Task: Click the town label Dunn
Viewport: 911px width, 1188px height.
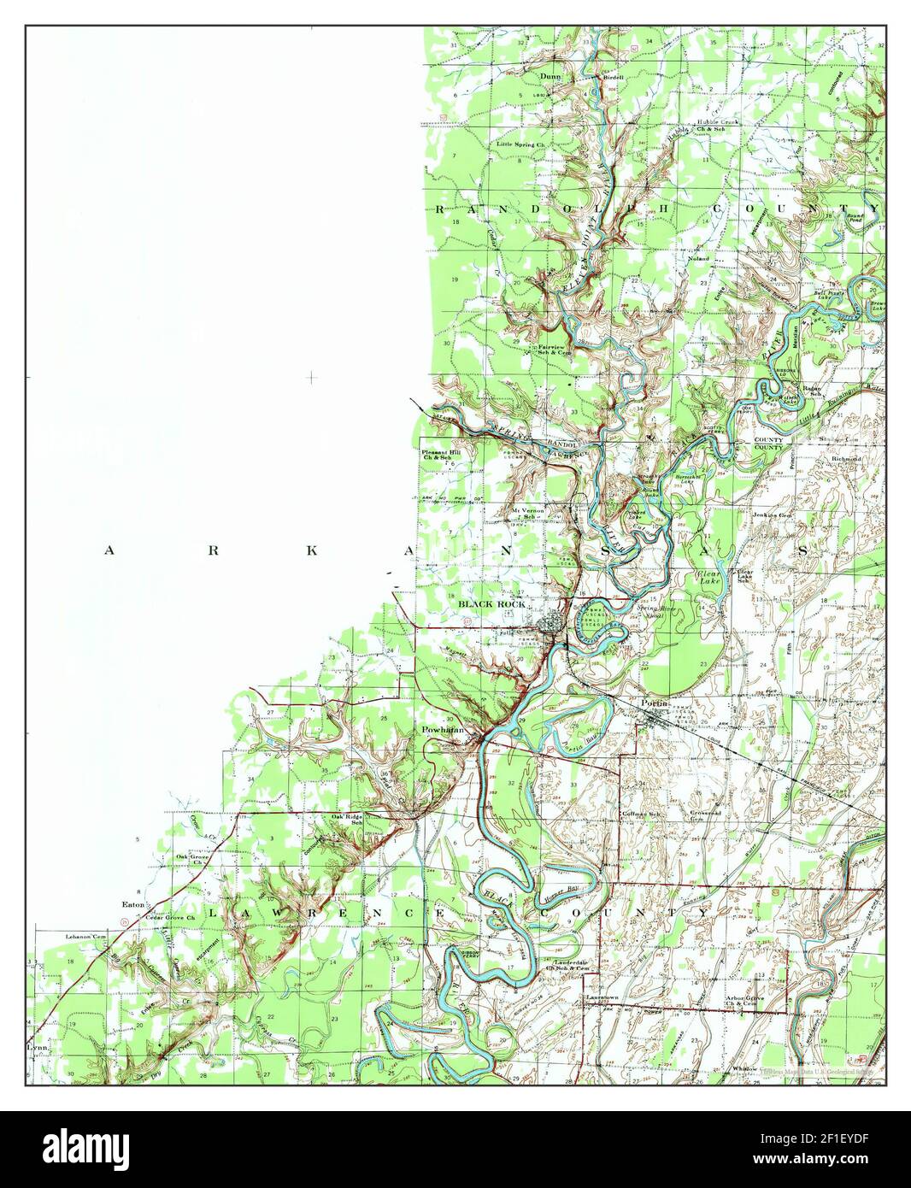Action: (550, 77)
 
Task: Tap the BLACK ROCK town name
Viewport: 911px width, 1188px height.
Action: (491, 604)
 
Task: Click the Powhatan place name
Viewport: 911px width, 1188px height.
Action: (442, 731)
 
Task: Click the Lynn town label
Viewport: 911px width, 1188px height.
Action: (37, 1046)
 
